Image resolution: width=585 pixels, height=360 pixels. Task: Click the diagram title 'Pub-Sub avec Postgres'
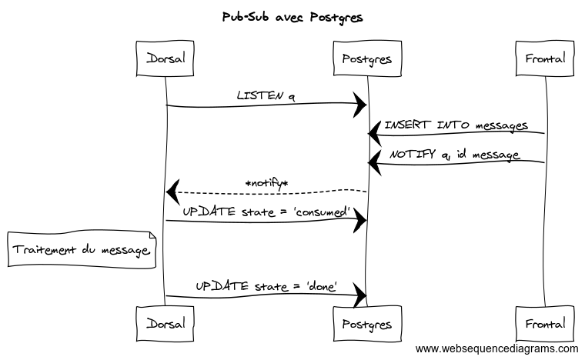click(292, 16)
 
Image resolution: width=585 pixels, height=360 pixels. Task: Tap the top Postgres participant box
click(367, 58)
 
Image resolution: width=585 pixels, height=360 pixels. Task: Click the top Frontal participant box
click(544, 58)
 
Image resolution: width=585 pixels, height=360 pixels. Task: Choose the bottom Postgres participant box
click(367, 324)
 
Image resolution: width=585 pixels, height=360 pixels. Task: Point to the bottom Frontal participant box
click(544, 324)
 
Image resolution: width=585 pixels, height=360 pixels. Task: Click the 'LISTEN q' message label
click(266, 96)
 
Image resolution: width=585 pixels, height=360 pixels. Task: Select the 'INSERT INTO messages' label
click(456, 125)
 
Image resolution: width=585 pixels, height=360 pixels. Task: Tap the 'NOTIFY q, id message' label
click(455, 154)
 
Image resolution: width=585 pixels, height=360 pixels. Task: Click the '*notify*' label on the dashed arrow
click(266, 183)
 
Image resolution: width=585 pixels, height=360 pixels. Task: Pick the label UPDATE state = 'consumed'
click(266, 212)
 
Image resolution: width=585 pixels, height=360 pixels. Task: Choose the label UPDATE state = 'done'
click(266, 286)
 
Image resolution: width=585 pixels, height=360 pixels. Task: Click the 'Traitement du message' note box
click(80, 250)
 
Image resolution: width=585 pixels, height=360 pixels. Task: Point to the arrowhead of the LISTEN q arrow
click(360, 105)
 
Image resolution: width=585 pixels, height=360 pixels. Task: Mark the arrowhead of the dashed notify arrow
click(172, 190)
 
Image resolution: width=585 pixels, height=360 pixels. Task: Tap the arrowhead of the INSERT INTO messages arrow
click(374, 134)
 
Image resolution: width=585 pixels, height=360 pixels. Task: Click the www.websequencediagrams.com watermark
click(496, 348)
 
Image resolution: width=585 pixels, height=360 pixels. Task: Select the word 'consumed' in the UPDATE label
click(323, 212)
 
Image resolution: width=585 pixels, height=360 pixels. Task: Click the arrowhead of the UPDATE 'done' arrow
click(360, 295)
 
